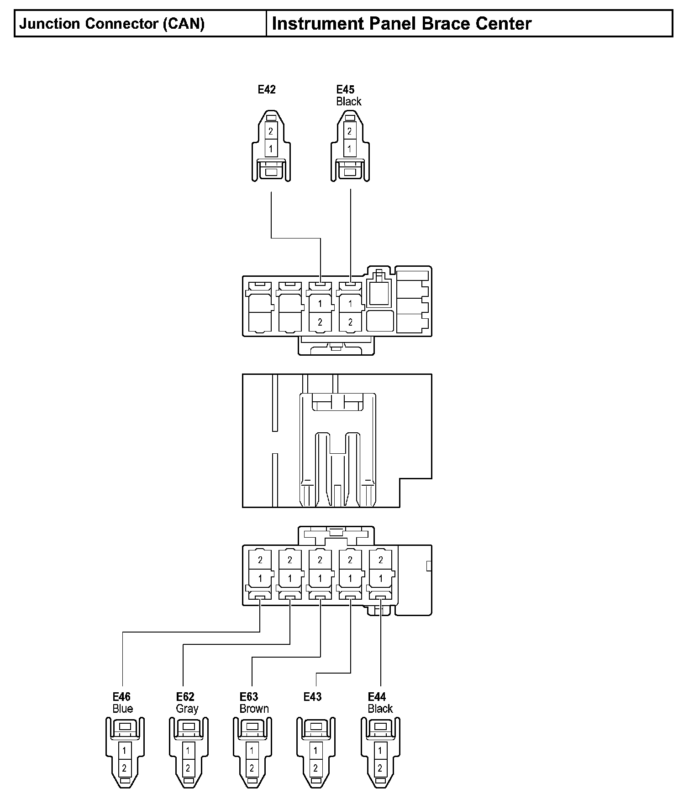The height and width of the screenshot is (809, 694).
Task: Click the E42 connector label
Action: pos(267,89)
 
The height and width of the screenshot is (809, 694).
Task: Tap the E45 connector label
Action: pos(345,89)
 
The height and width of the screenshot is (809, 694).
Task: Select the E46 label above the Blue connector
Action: pos(122,696)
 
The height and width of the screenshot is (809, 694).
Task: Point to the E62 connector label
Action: pos(185,696)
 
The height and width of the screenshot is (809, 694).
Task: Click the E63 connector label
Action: pos(249,696)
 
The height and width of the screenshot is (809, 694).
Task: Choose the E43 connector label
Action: pos(313,696)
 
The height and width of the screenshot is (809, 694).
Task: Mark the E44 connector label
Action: pos(377,696)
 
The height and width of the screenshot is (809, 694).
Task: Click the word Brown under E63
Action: pos(254,709)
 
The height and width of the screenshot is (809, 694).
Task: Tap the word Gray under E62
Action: pos(187,709)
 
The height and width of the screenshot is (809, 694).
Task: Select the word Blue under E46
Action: pos(123,709)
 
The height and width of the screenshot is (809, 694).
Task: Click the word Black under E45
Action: pos(349,101)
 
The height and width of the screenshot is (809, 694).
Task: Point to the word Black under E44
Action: pos(380,709)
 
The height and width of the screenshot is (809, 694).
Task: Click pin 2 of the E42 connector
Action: pos(271,131)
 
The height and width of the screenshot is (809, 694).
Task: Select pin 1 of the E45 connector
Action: pos(349,149)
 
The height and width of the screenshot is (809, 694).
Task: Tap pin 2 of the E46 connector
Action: pos(124,768)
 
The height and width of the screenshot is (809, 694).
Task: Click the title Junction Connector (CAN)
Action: pos(112,24)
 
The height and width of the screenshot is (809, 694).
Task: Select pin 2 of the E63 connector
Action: pos(252,768)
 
